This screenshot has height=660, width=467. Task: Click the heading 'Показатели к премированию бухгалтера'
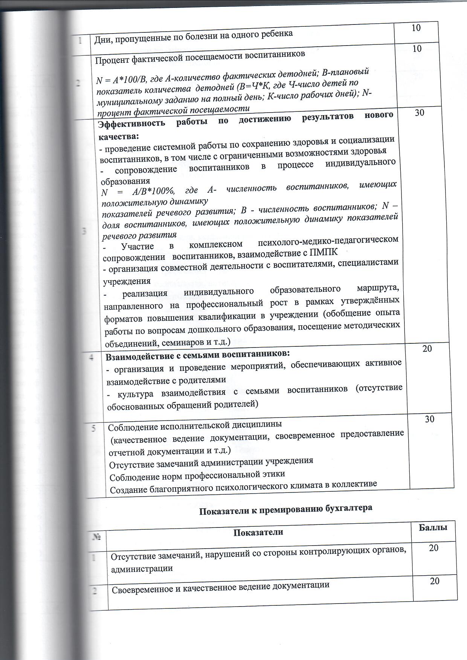click(285, 508)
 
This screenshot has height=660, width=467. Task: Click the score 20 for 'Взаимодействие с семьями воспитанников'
click(427, 349)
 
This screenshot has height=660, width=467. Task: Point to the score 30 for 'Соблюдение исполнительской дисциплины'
click(429, 419)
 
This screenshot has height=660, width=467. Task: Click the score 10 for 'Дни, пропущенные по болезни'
click(416, 28)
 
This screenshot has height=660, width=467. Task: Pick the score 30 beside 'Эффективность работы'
click(419, 112)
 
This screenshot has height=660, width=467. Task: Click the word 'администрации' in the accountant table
click(142, 569)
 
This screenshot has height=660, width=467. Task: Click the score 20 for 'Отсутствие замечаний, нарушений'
click(433, 548)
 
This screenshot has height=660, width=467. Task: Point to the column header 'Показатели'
click(258, 532)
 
